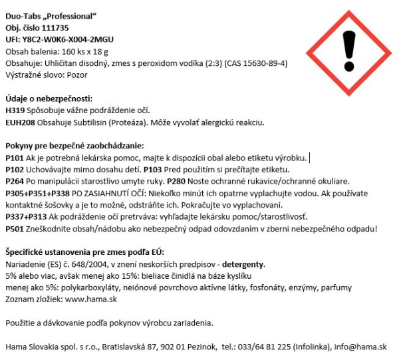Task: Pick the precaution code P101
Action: (x=15, y=158)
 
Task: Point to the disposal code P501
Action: (x=15, y=228)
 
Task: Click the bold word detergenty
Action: (x=243, y=265)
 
